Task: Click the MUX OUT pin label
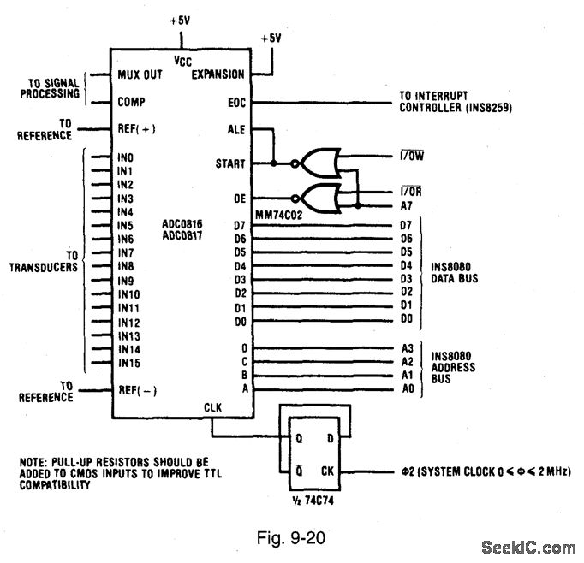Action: [140, 74]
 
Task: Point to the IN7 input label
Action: [126, 253]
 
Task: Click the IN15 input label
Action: [128, 364]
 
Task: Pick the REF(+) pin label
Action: [137, 129]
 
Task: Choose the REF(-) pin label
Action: [137, 391]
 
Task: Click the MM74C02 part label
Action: [276, 213]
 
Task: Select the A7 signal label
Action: [407, 206]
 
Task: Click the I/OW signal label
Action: [413, 156]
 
